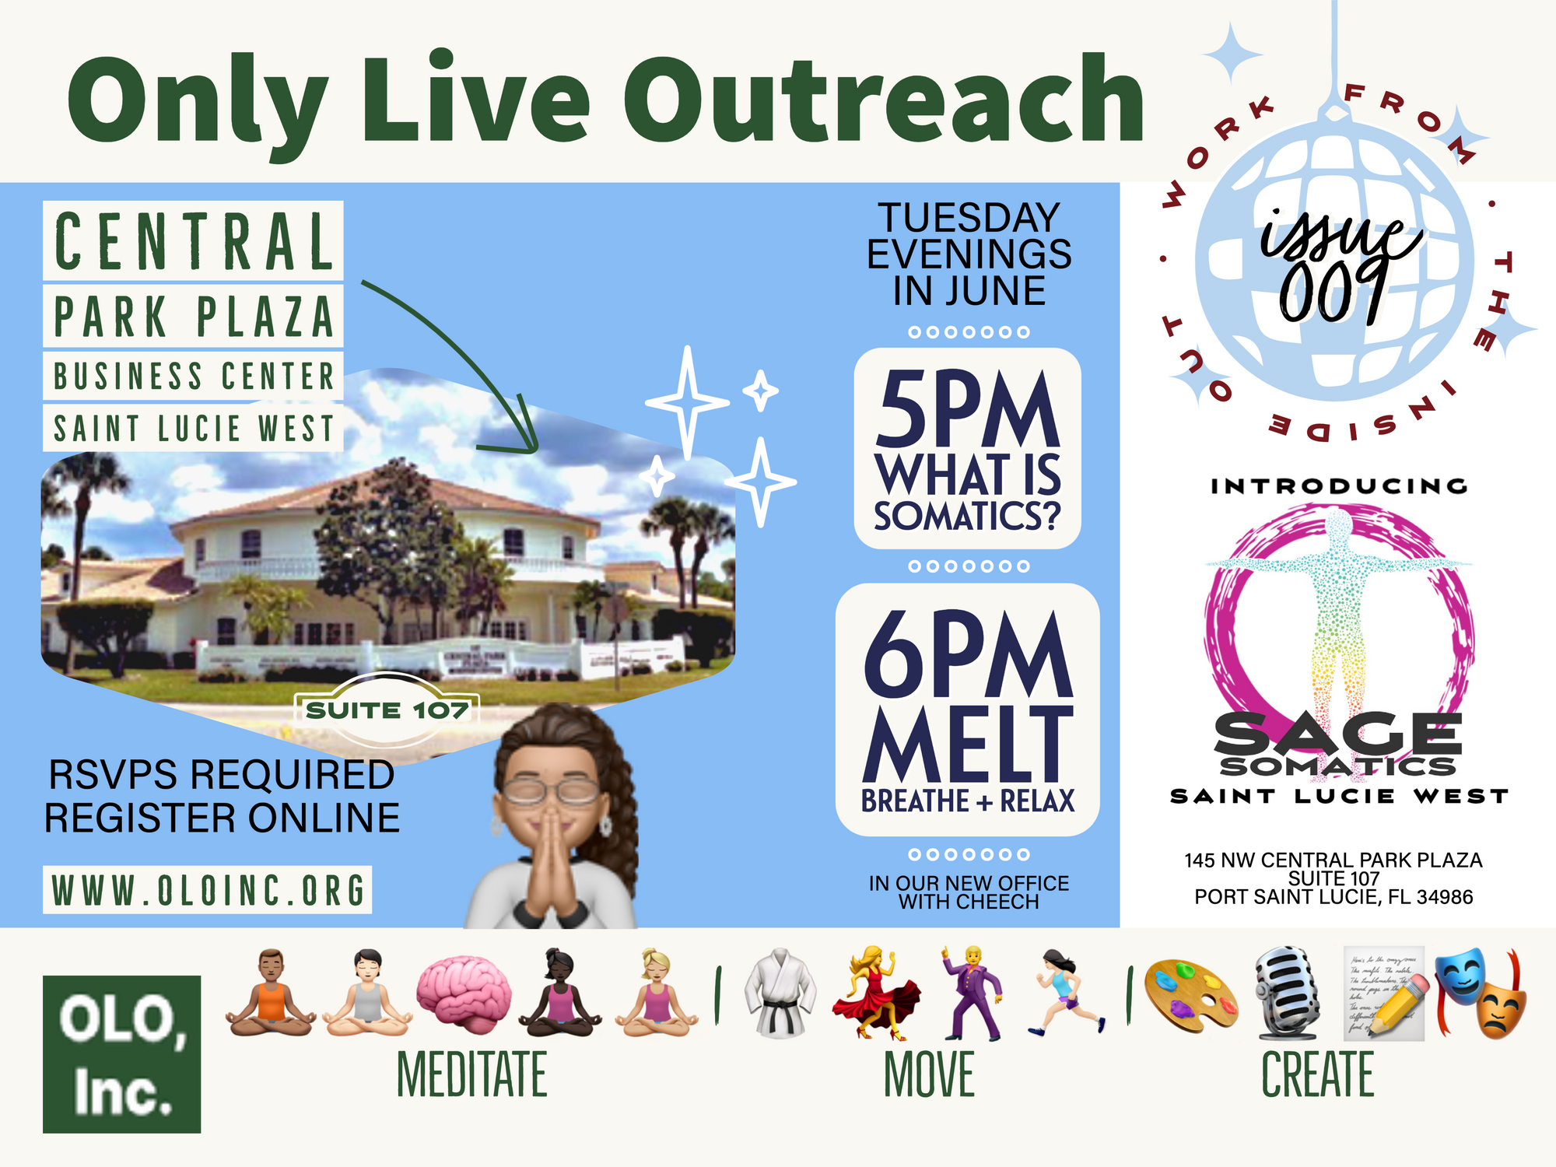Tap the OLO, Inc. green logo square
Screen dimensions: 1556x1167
[x=121, y=1053]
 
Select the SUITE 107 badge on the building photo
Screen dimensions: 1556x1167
[x=387, y=710]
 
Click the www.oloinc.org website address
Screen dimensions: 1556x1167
[x=208, y=889]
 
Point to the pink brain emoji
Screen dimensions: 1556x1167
[x=464, y=993]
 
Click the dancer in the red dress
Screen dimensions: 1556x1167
[x=875, y=994]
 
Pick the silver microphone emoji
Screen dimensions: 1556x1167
[x=1288, y=994]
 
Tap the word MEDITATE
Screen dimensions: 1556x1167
[x=471, y=1074]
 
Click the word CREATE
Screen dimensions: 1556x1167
[x=1317, y=1074]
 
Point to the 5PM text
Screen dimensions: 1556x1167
[x=968, y=410]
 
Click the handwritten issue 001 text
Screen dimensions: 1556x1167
[x=1340, y=265]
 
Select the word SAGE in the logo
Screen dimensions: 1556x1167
[x=1338, y=733]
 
